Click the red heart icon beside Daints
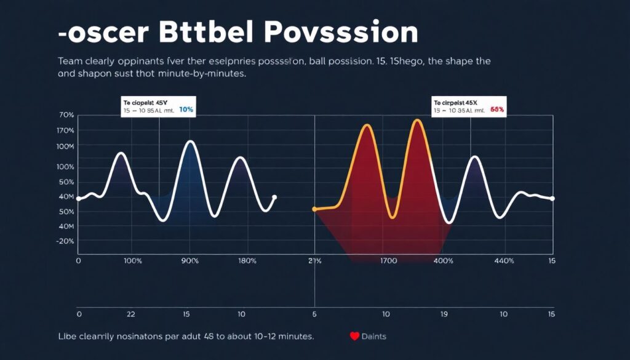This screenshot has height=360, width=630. click(354, 337)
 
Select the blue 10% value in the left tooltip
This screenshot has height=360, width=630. click(185, 110)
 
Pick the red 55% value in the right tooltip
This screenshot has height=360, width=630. click(497, 110)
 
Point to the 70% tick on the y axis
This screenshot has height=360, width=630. click(66, 116)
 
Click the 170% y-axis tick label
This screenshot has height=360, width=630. click(66, 130)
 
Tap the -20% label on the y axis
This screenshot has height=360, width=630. click(65, 241)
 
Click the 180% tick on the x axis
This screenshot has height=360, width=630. click(247, 261)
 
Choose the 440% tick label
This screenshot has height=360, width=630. click(504, 261)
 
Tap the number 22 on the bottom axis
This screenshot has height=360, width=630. click(130, 314)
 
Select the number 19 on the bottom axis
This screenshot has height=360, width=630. click(443, 314)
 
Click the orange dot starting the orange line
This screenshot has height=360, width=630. click(314, 209)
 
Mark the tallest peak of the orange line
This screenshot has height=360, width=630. click(418, 120)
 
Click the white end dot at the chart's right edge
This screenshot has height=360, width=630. click(552, 198)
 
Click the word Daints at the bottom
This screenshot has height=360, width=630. click(374, 337)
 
